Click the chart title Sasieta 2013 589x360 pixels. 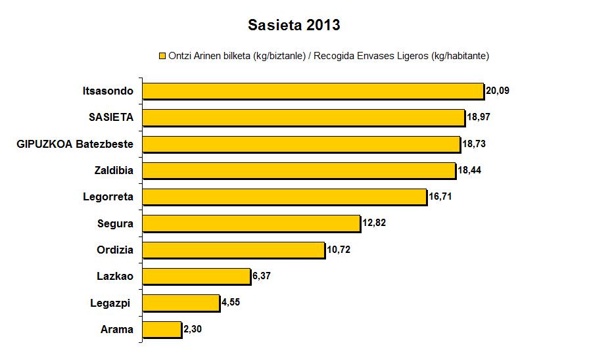(x=294, y=26)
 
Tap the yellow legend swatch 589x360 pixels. (x=162, y=56)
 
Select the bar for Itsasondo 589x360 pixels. (x=313, y=91)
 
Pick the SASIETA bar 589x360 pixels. (x=304, y=117)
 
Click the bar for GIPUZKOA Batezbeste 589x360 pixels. (x=301, y=144)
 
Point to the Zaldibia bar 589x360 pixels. (x=299, y=170)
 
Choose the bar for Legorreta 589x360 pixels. (x=285, y=196)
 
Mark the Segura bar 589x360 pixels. (x=251, y=223)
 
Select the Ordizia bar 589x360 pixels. (x=233, y=250)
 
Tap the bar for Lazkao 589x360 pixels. (x=197, y=276)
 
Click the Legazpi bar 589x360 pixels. (x=181, y=303)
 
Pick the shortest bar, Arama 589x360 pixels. (x=162, y=329)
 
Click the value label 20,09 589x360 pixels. (x=498, y=91)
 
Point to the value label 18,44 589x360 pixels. (x=469, y=170)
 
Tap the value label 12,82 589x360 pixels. (x=373, y=223)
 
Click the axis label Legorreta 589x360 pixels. (x=108, y=196)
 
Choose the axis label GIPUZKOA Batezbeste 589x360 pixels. (x=75, y=144)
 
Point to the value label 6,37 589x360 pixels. (x=262, y=276)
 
